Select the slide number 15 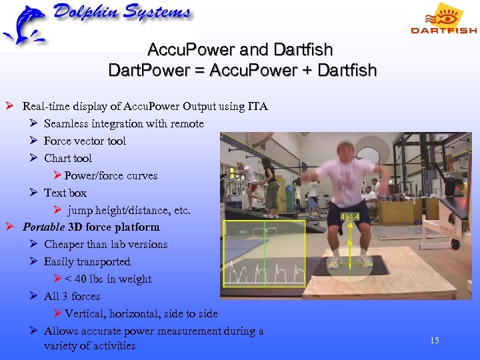point(435,341)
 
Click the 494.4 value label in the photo point(351,217)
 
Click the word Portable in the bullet point(44,227)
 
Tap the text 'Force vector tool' point(85,141)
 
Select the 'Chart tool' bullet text point(68,158)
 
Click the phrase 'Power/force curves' point(111,175)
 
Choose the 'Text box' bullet point(65,193)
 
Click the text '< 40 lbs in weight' point(108,279)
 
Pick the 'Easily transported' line point(87,261)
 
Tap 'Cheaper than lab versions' point(106,244)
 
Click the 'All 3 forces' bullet point(72,296)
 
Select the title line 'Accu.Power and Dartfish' point(241,50)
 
